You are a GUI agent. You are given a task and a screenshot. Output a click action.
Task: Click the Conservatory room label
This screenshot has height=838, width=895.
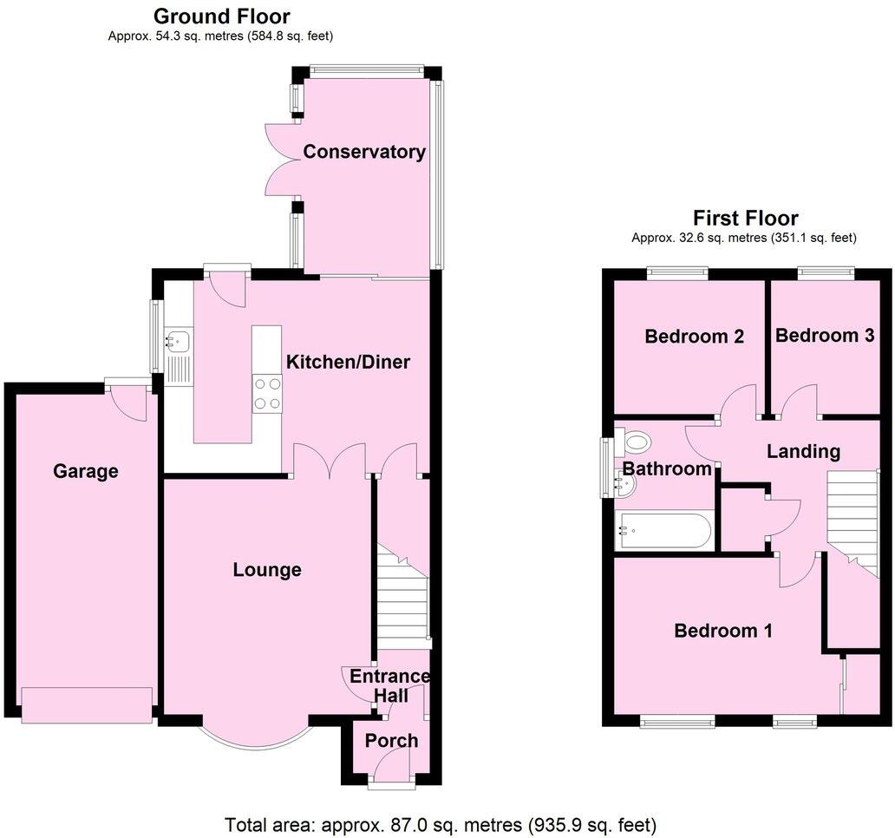tap(364, 153)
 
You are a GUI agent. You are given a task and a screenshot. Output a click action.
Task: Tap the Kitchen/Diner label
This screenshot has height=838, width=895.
tap(349, 362)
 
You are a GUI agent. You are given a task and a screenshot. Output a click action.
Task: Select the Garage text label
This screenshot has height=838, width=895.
tap(86, 471)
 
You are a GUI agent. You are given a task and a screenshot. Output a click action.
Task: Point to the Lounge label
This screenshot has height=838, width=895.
tap(267, 570)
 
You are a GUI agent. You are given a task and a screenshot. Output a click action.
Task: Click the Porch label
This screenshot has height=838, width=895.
tap(392, 741)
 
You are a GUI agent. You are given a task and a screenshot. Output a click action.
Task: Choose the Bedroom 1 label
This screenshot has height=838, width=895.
tap(723, 631)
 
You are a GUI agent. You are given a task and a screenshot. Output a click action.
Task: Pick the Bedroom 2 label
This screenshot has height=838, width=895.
tap(695, 337)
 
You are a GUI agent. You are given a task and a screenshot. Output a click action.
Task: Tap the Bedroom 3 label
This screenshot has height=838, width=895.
tap(825, 336)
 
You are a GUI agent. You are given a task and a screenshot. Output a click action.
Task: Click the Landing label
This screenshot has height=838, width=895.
tap(803, 451)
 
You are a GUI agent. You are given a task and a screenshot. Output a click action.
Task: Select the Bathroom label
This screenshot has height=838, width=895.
tap(667, 469)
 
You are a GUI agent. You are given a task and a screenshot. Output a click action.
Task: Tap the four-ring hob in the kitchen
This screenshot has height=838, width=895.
tap(267, 393)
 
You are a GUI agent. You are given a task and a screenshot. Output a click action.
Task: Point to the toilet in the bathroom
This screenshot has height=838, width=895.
tap(637, 442)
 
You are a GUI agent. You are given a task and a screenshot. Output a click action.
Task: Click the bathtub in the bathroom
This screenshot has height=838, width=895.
tap(664, 531)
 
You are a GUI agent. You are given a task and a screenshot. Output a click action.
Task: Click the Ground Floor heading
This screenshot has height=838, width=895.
tap(222, 16)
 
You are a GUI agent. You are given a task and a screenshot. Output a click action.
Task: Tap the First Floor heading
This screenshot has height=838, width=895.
tap(745, 218)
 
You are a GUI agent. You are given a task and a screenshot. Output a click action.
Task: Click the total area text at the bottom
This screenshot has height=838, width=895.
tap(441, 824)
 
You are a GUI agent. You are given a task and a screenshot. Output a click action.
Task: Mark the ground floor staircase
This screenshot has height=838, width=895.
tap(403, 598)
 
